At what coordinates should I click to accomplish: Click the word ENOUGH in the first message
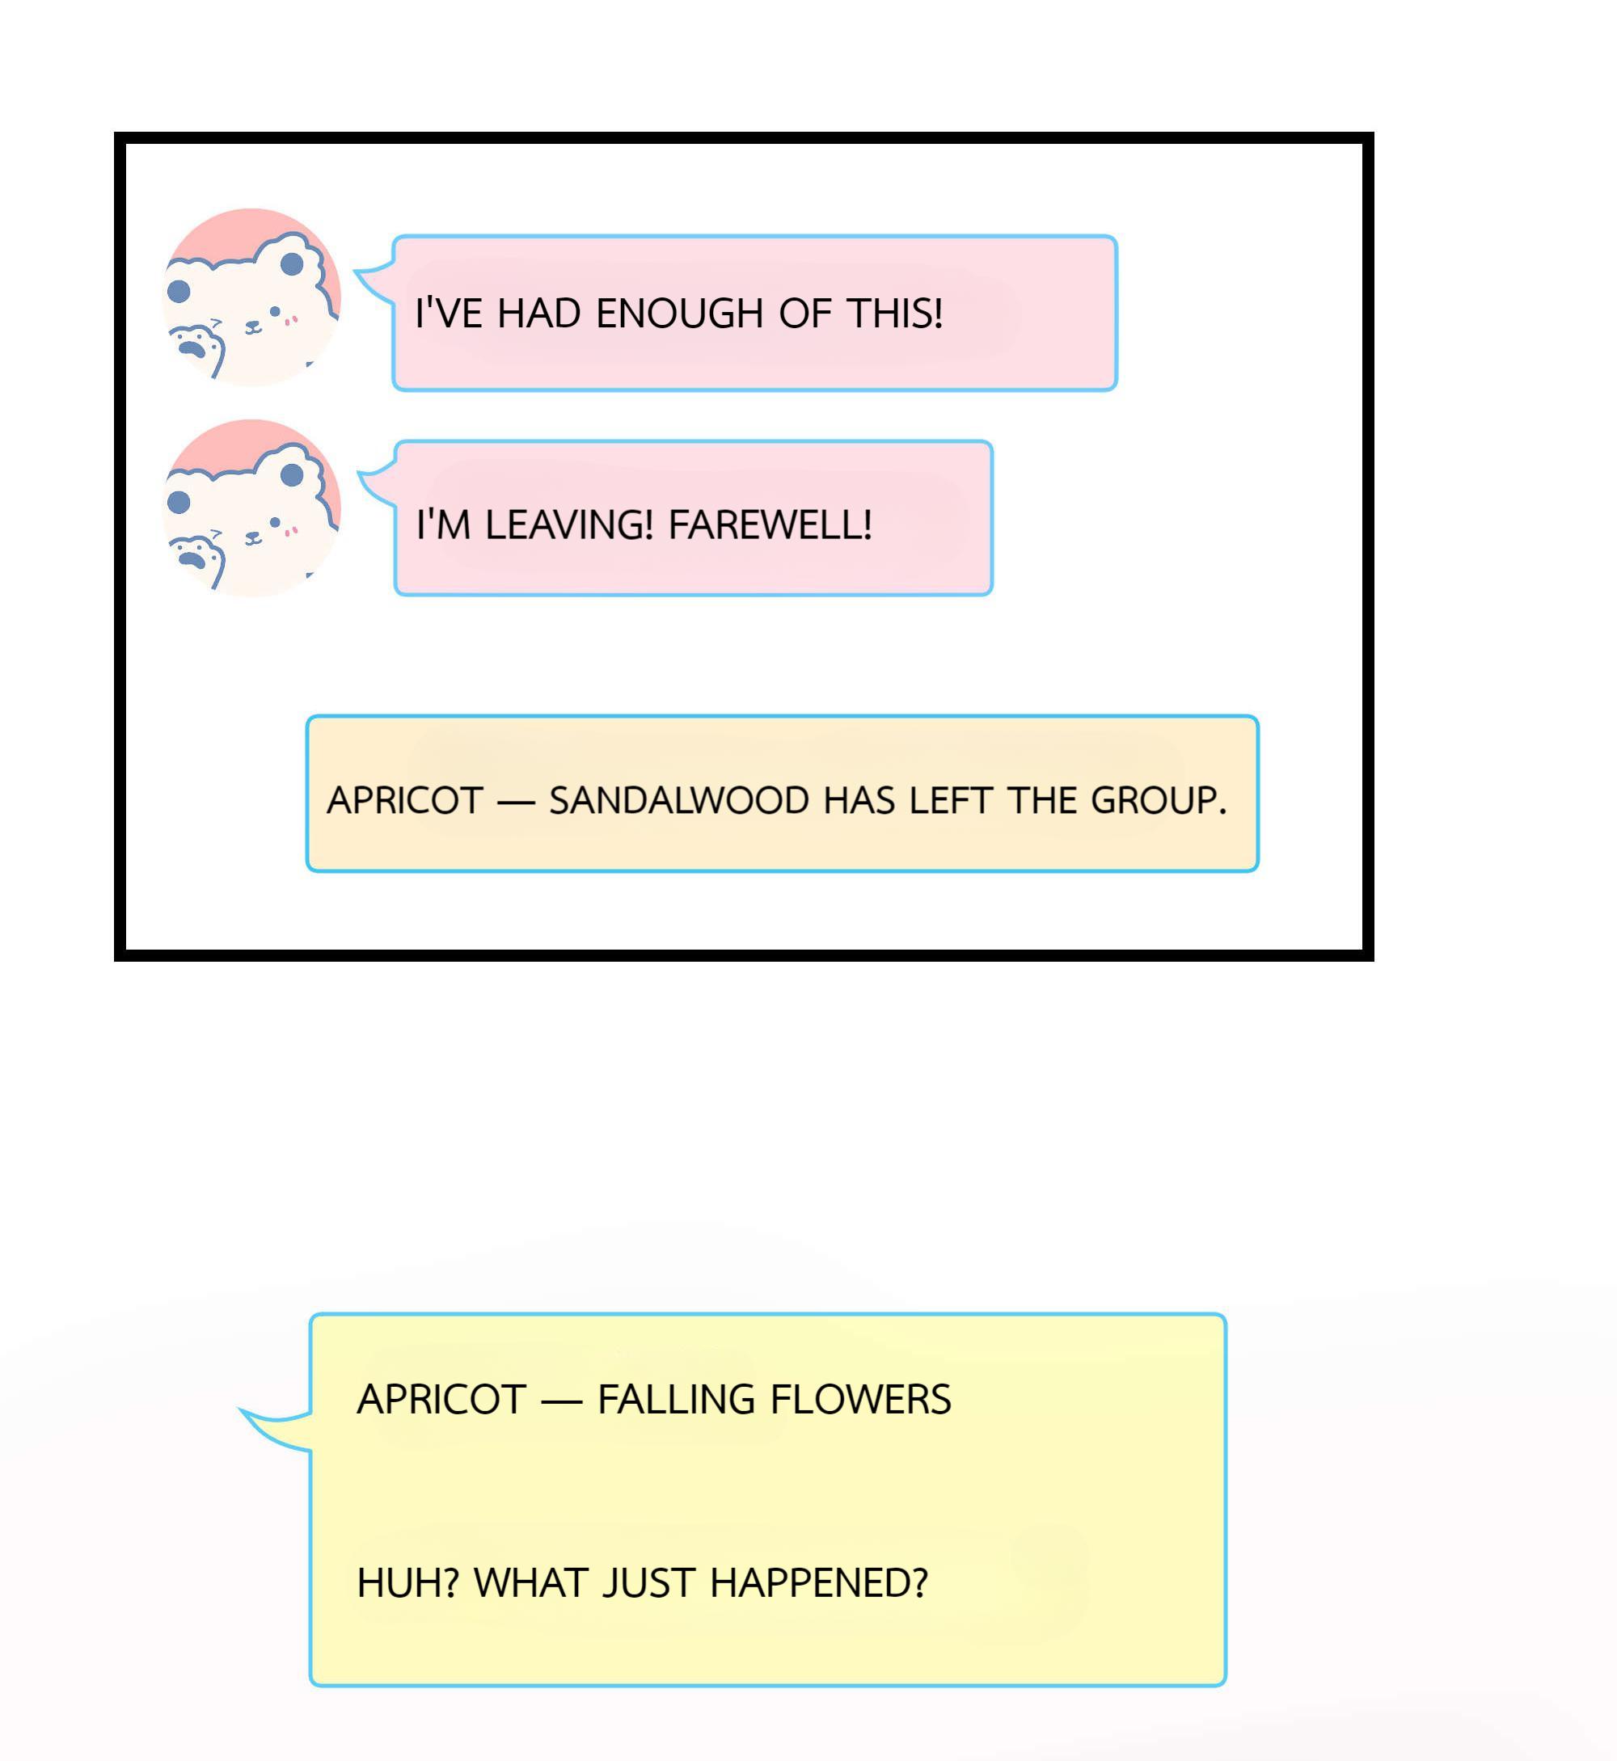679,314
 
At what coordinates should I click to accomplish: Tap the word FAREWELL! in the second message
770,525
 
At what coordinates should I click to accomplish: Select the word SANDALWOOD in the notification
679,800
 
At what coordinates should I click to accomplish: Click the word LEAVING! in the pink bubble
568,525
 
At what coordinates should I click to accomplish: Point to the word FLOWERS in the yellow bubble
861,1399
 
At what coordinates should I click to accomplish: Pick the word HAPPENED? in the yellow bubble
818,1582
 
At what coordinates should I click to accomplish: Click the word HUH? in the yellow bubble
407,1582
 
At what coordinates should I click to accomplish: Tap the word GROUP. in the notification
1159,800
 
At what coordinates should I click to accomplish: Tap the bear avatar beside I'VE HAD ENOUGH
252,297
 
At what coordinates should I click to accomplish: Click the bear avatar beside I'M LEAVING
252,508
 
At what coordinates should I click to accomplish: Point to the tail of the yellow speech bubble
274,1429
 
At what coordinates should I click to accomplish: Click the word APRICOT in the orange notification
405,800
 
